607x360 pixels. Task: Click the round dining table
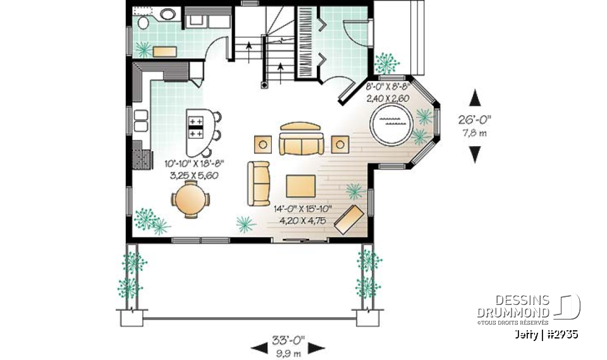(188, 198)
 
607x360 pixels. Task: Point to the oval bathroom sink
(168, 14)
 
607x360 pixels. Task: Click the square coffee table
(300, 186)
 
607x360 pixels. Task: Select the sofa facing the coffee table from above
(300, 140)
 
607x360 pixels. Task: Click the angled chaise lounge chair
(348, 218)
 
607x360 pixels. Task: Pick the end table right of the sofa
(340, 144)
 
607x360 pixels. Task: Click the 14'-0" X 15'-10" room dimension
(303, 209)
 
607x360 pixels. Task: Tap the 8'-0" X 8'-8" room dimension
(388, 86)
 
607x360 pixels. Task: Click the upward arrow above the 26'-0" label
(475, 98)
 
